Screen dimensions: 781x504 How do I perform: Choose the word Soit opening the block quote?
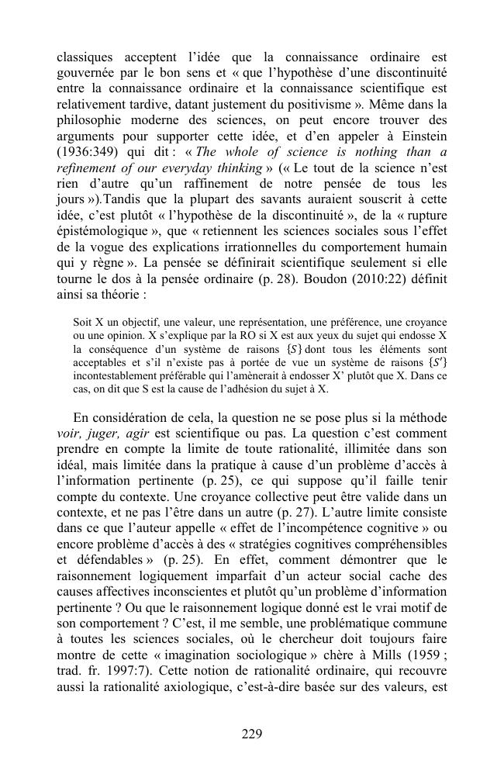tap(82, 321)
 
